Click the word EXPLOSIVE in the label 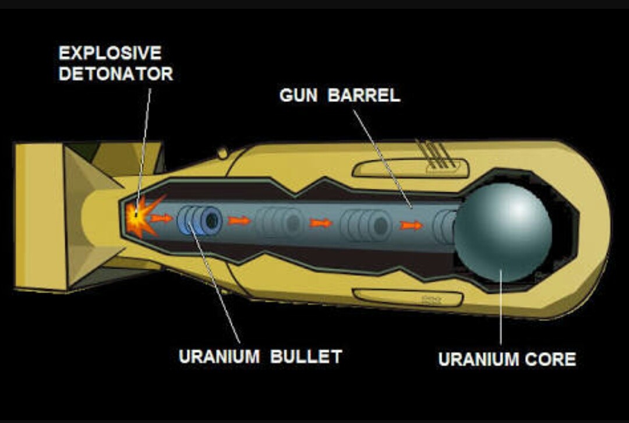pos(110,54)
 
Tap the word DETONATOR pos(116,74)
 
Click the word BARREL pos(364,96)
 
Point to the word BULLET pos(306,357)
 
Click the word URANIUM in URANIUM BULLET pos(219,357)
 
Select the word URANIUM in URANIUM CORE pos(479,359)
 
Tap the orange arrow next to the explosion pos(161,218)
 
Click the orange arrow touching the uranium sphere pos(411,225)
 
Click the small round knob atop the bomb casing pos(222,153)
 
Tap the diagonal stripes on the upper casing pos(435,154)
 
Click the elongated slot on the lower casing pos(408,298)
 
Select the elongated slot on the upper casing pos(410,168)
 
